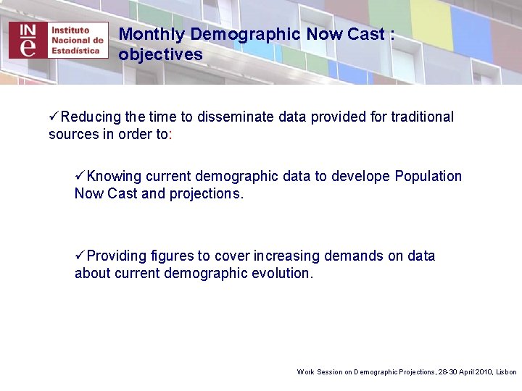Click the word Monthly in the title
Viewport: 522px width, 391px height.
[x=152, y=34]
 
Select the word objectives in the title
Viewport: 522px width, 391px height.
[x=160, y=54]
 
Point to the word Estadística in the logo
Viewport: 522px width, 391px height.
[x=80, y=51]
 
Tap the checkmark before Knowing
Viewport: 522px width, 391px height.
[x=80, y=176]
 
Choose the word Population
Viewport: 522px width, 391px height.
[x=428, y=176]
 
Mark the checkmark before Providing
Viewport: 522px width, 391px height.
[x=80, y=256]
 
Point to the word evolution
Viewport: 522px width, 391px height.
[x=282, y=273]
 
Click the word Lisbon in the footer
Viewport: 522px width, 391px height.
[x=506, y=371]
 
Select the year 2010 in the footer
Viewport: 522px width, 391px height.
[x=483, y=371]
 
